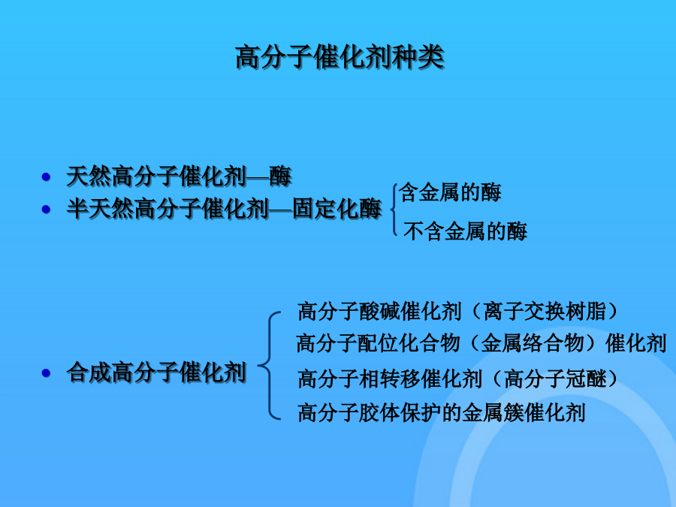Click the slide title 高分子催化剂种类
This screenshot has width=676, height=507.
tap(340, 56)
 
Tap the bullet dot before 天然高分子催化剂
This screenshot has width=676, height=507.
tap(46, 177)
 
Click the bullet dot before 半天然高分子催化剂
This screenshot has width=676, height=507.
tap(46, 210)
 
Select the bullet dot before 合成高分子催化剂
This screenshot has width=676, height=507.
tap(46, 373)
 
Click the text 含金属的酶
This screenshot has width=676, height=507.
tap(450, 192)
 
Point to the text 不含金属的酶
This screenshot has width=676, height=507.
tap(465, 231)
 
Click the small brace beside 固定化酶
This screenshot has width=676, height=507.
tap(394, 210)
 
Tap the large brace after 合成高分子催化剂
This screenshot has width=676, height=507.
tap(269, 366)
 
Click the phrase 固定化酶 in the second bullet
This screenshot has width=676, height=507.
tap(337, 209)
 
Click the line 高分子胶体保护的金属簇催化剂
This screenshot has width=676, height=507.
tap(442, 412)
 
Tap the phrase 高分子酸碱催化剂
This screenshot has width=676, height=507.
tap(380, 311)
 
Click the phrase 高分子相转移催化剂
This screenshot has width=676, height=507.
tap(390, 379)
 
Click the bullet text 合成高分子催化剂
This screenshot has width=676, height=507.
tap(156, 373)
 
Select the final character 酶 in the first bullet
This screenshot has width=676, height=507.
tap(281, 177)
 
